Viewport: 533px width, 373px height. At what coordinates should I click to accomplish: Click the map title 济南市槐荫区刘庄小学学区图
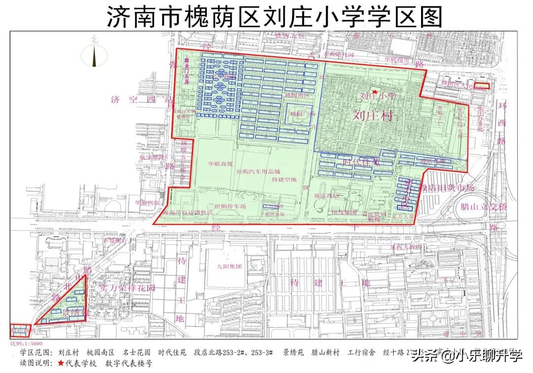coord(274,17)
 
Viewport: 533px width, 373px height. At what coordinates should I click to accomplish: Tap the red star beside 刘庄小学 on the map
coord(375,92)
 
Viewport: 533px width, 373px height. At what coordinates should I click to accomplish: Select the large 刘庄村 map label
coord(375,115)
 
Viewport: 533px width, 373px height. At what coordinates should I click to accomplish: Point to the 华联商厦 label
coord(220,164)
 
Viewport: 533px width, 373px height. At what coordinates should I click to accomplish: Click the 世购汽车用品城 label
coord(258,171)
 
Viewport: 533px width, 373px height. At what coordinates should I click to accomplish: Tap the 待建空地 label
coord(284,180)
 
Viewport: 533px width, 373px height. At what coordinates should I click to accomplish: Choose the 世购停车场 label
coord(230,206)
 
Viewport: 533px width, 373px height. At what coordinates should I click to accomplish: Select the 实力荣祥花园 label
coord(127,287)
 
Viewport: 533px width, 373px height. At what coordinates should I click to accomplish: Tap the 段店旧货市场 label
coord(447,188)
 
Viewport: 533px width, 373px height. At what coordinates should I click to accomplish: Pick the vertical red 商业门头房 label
coord(187,71)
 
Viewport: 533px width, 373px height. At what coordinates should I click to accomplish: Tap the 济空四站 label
coord(140,100)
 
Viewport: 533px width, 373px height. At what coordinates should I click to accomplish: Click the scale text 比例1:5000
coord(26,343)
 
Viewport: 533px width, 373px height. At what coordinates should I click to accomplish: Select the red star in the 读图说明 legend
coord(60,364)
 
